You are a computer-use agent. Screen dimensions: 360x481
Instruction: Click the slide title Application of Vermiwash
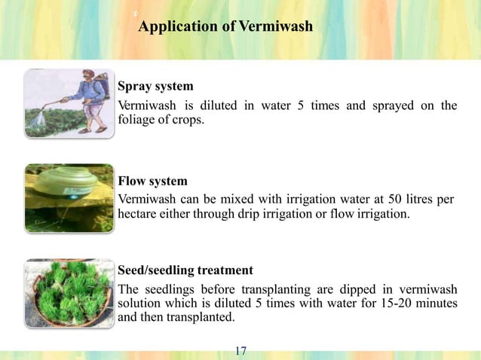[x=226, y=27]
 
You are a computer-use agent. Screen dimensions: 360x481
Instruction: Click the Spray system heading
[x=155, y=87]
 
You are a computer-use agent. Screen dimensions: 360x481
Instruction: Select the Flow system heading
[x=152, y=182]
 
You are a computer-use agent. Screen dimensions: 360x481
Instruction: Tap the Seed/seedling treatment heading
[x=185, y=270]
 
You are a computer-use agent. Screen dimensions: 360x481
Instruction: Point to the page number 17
[x=241, y=350]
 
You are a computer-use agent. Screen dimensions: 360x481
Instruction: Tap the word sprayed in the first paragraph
[x=393, y=105]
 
